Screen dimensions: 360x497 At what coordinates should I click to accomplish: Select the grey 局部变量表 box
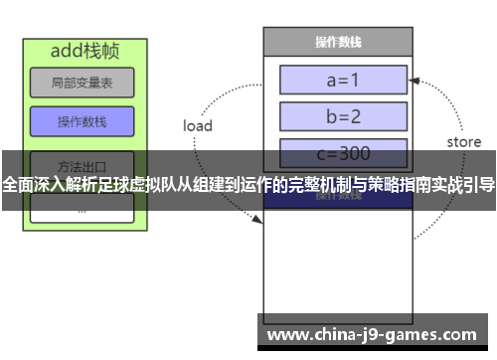pos(82,85)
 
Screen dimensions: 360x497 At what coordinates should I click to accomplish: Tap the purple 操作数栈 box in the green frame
pos(82,121)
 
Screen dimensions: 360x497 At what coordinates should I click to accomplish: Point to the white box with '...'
pos(82,210)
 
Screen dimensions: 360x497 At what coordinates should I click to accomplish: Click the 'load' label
pos(197,126)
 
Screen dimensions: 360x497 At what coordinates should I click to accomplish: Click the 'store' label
pos(463,142)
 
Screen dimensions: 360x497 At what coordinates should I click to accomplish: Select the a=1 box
pos(343,79)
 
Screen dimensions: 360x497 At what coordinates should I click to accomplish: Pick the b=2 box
pos(343,115)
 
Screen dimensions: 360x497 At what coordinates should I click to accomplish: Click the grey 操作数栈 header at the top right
pos(337,42)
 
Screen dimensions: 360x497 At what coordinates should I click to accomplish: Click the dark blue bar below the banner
pos(337,198)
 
